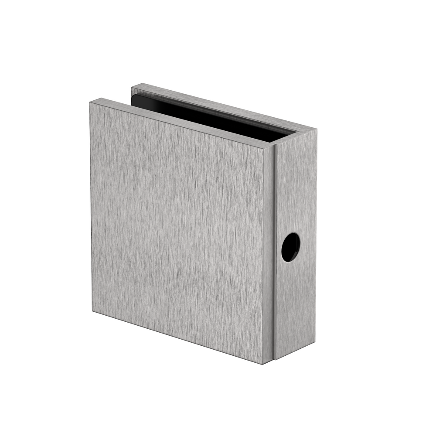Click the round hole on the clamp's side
290,247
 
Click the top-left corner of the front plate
91,102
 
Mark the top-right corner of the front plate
274,144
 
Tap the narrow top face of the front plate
183,120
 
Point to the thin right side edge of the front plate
269,253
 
